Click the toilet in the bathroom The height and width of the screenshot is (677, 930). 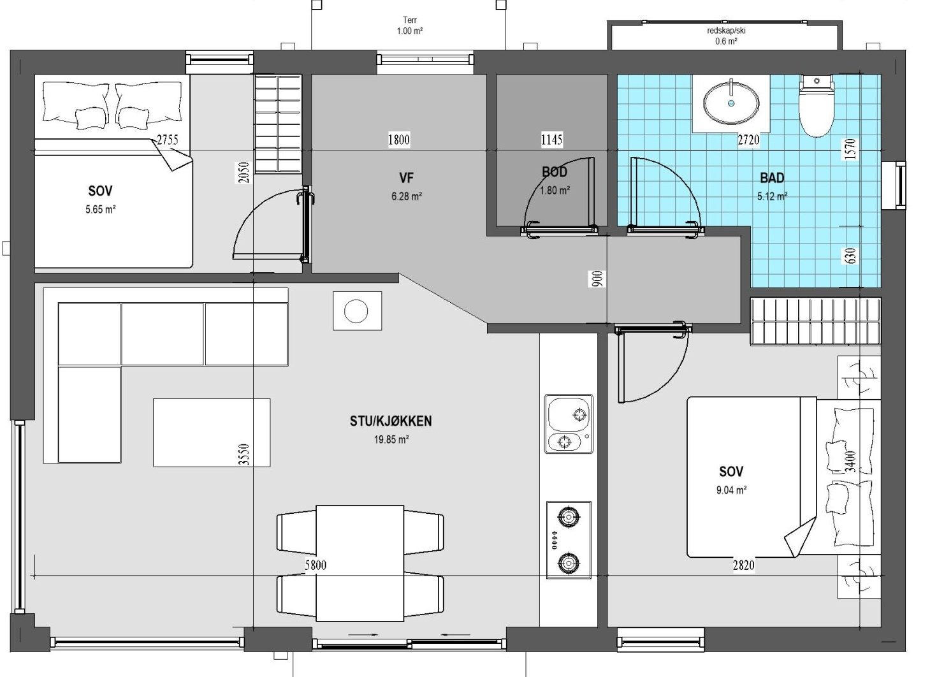pos(817,105)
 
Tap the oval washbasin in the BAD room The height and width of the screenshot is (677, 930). pos(731,103)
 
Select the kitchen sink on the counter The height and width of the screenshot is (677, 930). pos(569,424)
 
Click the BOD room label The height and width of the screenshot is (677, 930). pos(555,171)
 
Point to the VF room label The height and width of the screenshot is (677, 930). pos(406,178)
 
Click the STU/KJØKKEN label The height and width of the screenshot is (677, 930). pos(391,421)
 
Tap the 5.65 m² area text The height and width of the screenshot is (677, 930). pos(101,209)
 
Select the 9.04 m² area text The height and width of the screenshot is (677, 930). pos(732,490)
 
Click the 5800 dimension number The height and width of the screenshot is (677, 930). pos(316,565)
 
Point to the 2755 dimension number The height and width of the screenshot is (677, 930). pos(167,140)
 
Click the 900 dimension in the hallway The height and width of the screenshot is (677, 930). pos(597,279)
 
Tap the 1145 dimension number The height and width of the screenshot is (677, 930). pos(551,140)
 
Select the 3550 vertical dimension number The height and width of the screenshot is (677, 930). pos(245,455)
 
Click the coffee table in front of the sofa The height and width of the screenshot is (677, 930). pos(212,432)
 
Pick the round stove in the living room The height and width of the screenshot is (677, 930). pos(357,310)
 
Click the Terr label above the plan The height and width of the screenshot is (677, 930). pos(410,20)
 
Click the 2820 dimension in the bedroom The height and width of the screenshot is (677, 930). pos(743,565)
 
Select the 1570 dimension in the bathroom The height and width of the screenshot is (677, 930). pos(850,149)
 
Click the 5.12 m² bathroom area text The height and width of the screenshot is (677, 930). pos(772,196)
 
